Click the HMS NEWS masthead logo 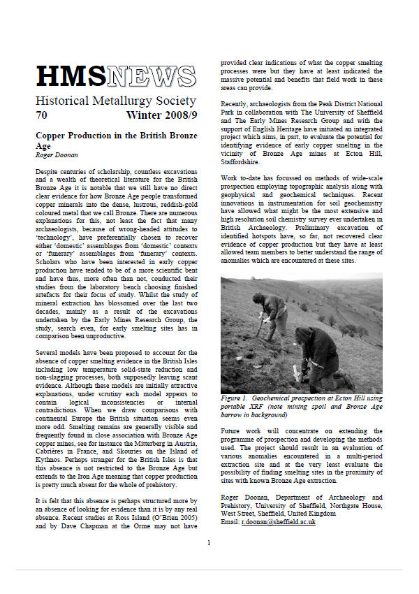(115, 75)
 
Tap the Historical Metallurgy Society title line (115, 101)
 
